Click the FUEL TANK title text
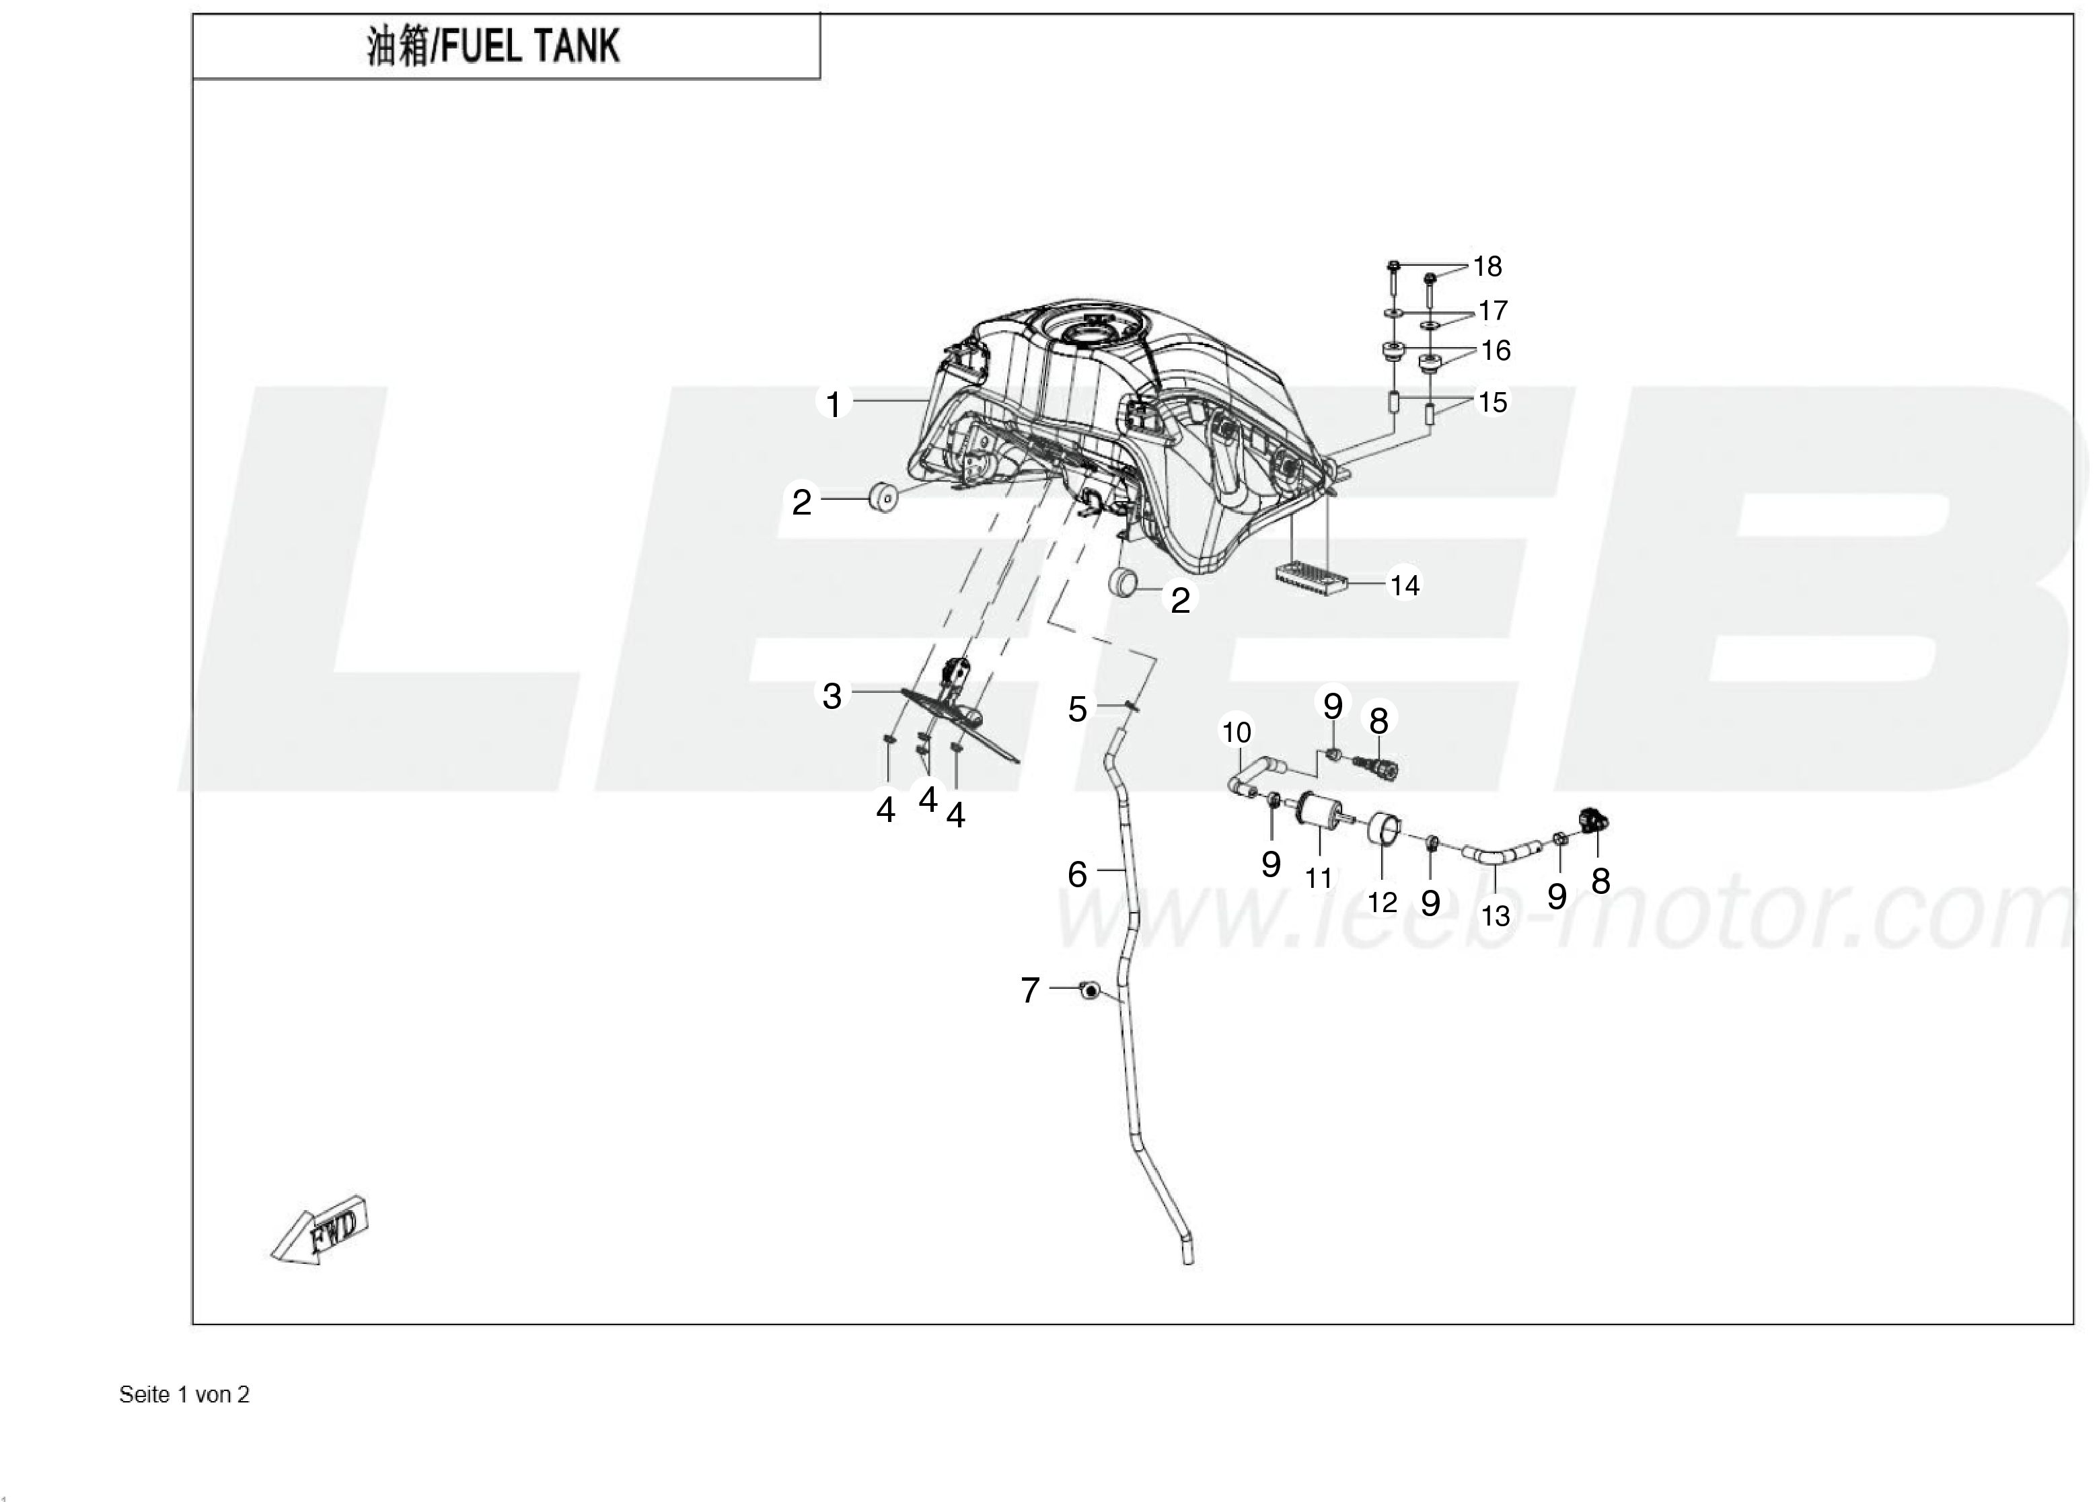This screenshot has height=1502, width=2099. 492,46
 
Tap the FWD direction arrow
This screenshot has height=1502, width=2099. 320,1229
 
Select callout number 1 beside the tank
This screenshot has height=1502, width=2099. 834,404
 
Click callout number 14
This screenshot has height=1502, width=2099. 1404,585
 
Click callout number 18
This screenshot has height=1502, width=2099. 1487,266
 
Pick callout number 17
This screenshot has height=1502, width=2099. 1492,310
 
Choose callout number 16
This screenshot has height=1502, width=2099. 1495,350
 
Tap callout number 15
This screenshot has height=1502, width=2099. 1492,402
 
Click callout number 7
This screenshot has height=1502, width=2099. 1029,991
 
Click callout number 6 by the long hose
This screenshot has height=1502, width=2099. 1077,874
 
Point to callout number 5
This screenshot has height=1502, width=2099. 1077,710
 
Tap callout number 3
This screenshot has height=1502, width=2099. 832,696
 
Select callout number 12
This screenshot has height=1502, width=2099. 1382,902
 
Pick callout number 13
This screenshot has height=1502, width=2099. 1495,915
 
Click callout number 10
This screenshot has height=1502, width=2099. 1236,733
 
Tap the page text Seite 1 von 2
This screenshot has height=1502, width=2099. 184,1395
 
